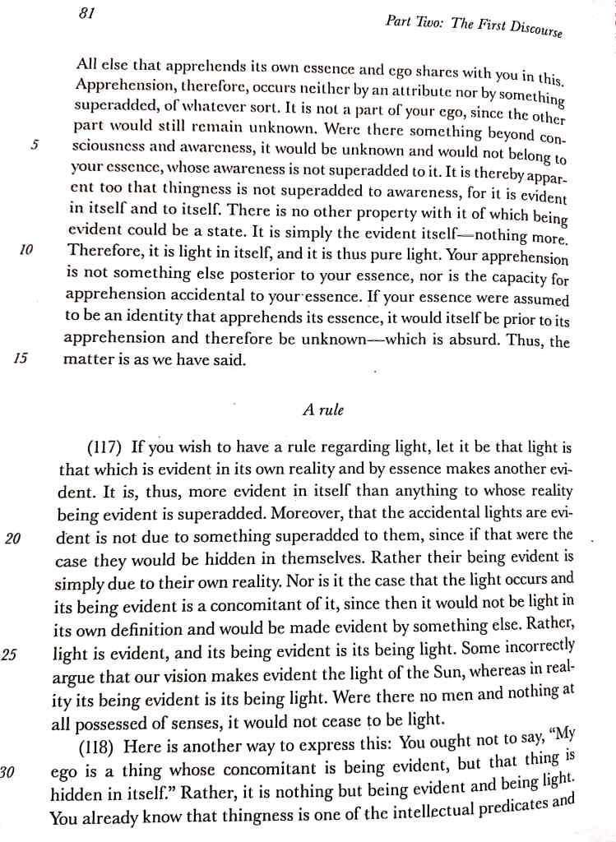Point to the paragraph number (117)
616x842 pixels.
[x=106, y=449]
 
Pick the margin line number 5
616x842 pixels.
[x=35, y=145]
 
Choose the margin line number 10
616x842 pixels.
[x=26, y=250]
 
